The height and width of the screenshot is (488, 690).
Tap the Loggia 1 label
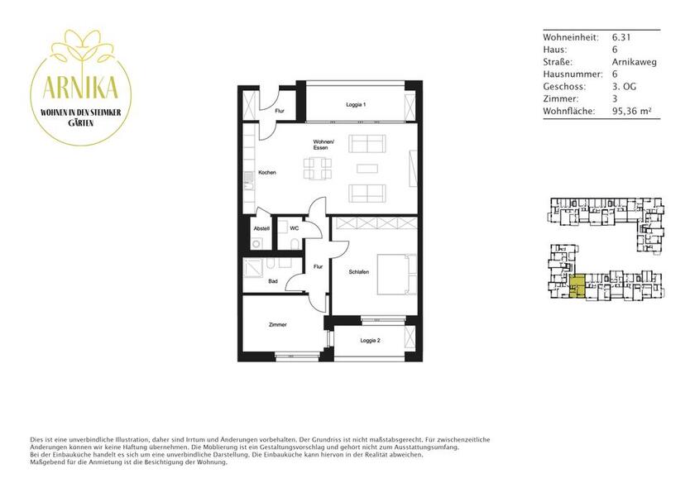point(356,105)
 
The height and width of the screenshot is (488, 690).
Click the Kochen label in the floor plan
point(266,172)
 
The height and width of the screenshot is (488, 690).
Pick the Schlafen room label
point(358,271)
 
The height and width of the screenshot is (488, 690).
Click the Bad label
point(272,281)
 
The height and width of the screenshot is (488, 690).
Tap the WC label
point(294,227)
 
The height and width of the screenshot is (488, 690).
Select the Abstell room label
point(261,228)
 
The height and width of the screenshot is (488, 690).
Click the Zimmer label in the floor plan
point(278,325)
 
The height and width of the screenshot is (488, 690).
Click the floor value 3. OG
point(625,86)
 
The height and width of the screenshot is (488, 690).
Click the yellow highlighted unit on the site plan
point(578,286)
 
